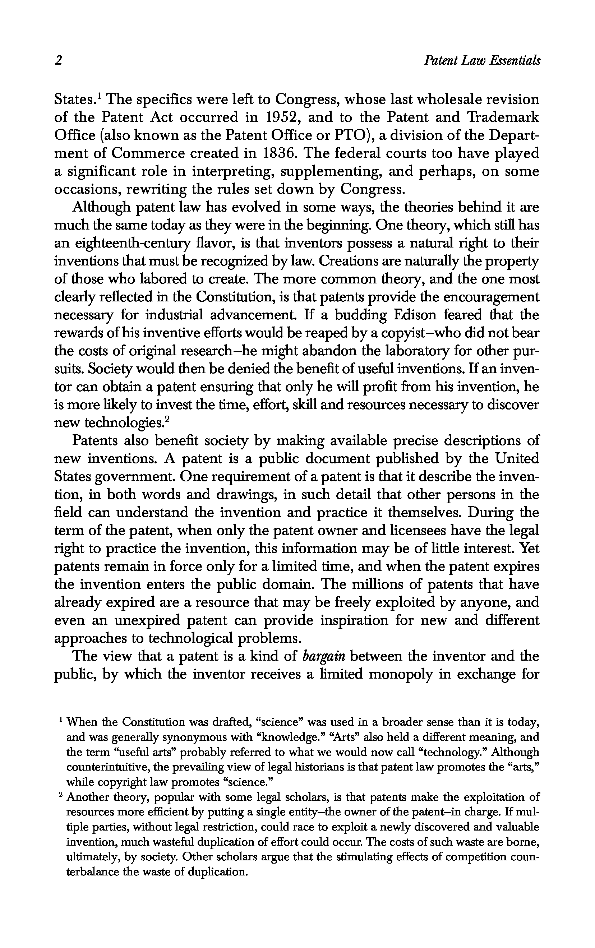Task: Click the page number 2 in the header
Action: [x=59, y=61]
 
